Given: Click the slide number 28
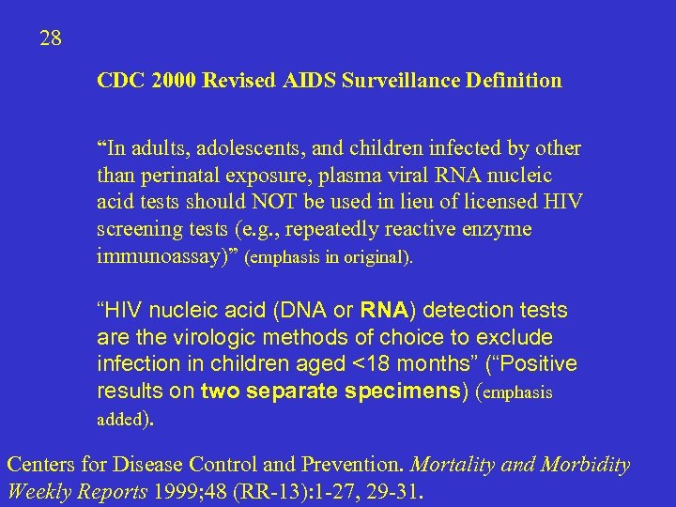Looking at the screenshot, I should [x=51, y=38].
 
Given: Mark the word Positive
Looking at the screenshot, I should [x=542, y=363].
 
